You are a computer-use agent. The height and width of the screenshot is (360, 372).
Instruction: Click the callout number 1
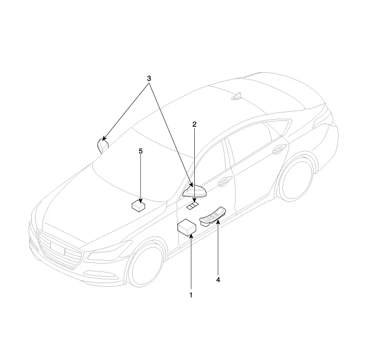click(x=191, y=295)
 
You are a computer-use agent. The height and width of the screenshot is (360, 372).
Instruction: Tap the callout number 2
click(x=194, y=124)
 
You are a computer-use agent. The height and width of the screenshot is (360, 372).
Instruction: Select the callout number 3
click(x=149, y=78)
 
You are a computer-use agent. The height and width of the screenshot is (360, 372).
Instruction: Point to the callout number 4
click(x=218, y=280)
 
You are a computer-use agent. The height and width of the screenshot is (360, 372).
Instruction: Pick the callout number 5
click(x=141, y=151)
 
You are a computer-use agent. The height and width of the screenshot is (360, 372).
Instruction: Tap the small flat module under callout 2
click(x=193, y=206)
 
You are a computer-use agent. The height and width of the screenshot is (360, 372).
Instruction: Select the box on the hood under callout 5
click(x=139, y=206)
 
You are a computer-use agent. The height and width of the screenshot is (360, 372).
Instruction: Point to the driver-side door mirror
click(x=195, y=191)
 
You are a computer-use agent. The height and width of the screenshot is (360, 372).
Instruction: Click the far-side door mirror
click(x=102, y=145)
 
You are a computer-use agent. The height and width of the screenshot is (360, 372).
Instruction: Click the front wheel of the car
click(x=146, y=264)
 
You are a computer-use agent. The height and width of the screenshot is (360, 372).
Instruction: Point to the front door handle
click(x=224, y=181)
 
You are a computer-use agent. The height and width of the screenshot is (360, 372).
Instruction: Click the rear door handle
click(x=280, y=150)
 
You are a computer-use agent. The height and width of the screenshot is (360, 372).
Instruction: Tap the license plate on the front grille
click(x=58, y=248)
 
